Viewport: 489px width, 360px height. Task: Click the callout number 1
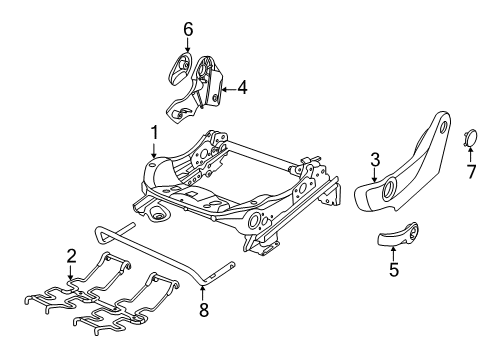pyautogui.click(x=154, y=132)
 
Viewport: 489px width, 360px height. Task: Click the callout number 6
pyautogui.click(x=187, y=30)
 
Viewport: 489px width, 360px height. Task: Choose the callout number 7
pyautogui.click(x=472, y=173)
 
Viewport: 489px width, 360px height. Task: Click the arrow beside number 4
pyautogui.click(x=228, y=89)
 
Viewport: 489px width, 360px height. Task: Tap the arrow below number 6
pyautogui.click(x=187, y=48)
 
